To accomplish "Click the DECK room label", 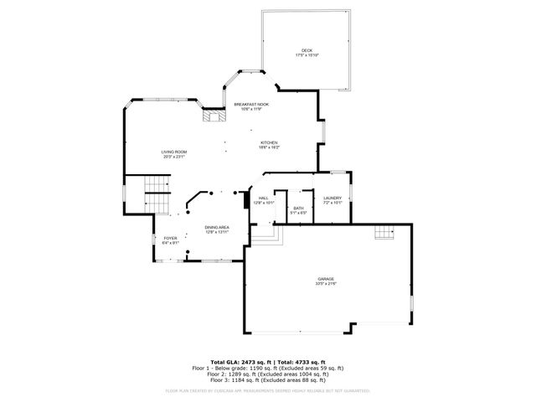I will (307, 49).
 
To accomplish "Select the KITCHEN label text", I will (269, 143).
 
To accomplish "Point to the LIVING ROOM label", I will (174, 152).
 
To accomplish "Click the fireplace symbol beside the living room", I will (213, 118).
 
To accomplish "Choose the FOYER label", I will (171, 238).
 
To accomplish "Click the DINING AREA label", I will (217, 227).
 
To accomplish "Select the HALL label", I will (263, 198).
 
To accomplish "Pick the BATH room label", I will (299, 208).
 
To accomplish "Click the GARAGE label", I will (325, 279).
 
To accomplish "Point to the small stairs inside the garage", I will (384, 233).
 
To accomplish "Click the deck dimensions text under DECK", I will (307, 55).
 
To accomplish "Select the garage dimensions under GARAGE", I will (325, 285).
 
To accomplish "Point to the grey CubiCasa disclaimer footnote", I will (268, 390).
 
